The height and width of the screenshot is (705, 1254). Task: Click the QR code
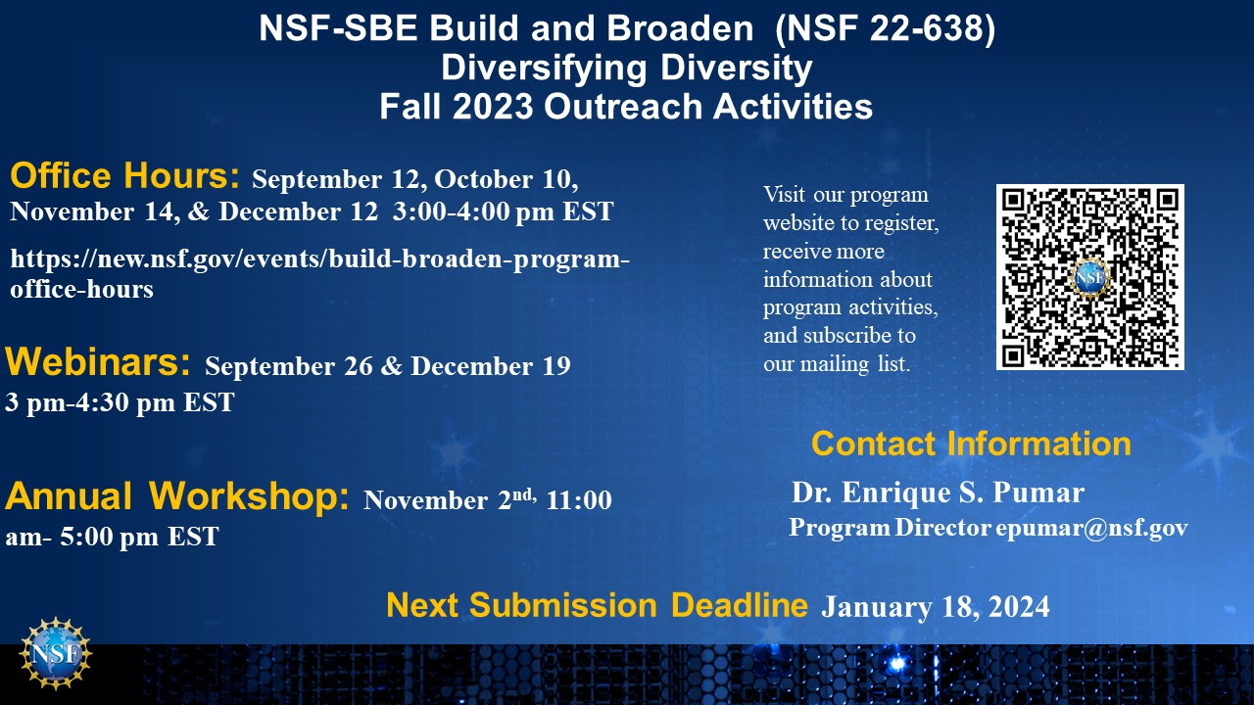click(x=1090, y=277)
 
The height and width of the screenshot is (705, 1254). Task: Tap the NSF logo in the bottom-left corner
click(x=56, y=653)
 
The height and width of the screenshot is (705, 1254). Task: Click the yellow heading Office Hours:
click(x=124, y=175)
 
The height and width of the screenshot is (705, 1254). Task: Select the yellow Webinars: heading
click(x=98, y=362)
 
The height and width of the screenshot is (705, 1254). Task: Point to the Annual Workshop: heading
click(x=177, y=496)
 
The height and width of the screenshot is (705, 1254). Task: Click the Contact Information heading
click(x=971, y=444)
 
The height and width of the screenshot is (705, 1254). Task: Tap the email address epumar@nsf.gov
click(x=1091, y=527)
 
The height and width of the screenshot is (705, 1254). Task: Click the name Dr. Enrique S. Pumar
click(x=939, y=493)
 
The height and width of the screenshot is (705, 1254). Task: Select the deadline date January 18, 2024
click(x=936, y=607)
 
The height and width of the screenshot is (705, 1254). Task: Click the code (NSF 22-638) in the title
click(x=886, y=28)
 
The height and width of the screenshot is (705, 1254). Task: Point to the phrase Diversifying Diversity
click(x=627, y=68)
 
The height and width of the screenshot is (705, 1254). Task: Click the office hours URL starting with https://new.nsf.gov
click(x=319, y=274)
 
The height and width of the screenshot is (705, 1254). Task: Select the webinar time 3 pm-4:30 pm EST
click(x=120, y=402)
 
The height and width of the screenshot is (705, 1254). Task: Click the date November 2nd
click(x=450, y=499)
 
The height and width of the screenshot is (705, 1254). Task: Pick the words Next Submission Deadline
click(x=598, y=605)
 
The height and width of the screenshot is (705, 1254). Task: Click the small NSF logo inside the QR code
click(x=1090, y=277)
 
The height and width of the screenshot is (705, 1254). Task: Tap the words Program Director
click(x=891, y=528)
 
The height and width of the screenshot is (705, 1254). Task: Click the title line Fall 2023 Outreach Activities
click(x=626, y=107)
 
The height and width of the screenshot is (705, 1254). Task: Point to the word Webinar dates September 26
click(x=289, y=366)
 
